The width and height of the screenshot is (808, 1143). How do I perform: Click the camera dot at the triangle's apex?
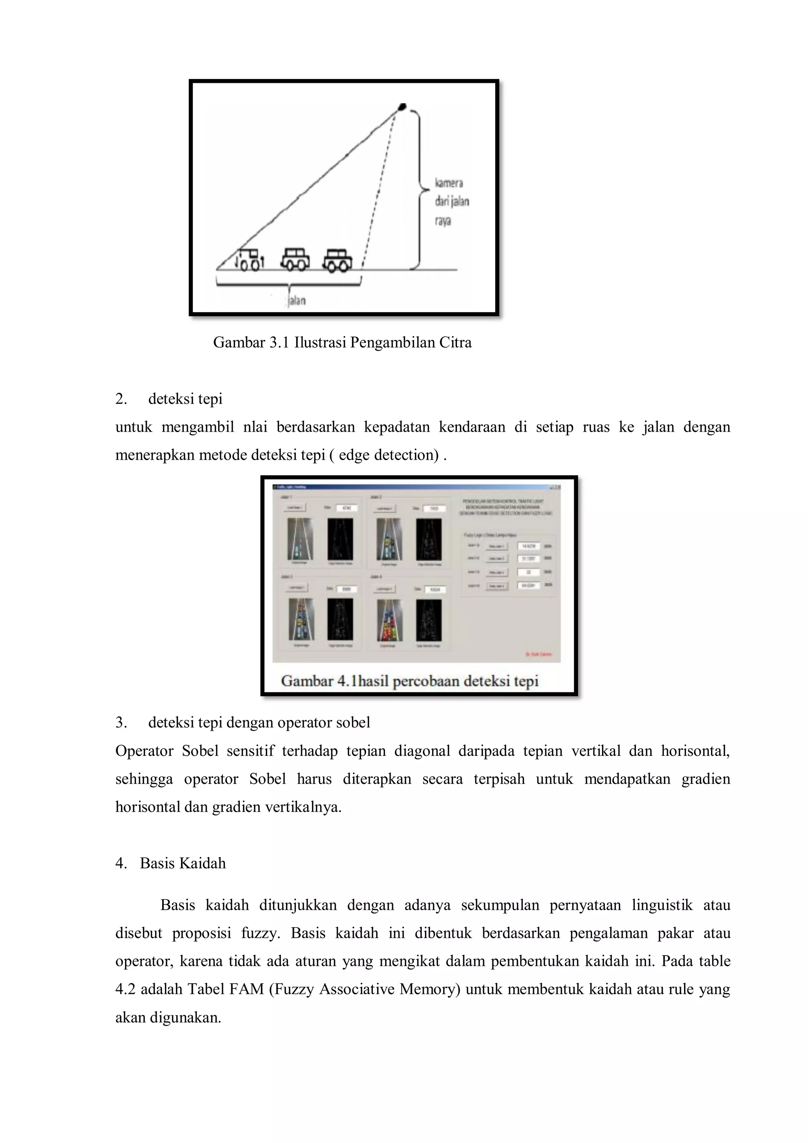pyautogui.click(x=402, y=106)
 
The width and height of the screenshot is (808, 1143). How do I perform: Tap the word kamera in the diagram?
pyautogui.click(x=449, y=183)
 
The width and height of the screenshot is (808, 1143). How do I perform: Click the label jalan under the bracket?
pyautogui.click(x=297, y=301)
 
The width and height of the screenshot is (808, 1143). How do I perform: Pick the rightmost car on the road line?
pyautogui.click(x=338, y=260)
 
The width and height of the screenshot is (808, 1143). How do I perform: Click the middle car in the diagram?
pyautogui.click(x=295, y=259)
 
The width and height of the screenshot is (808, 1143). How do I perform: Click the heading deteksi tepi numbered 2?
pyautogui.click(x=185, y=399)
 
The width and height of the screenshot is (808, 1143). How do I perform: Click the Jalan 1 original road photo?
pyautogui.click(x=300, y=539)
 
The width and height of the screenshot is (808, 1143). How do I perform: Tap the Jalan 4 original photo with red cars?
pyautogui.click(x=389, y=620)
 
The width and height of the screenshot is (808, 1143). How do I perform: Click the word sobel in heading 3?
pyautogui.click(x=353, y=722)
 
